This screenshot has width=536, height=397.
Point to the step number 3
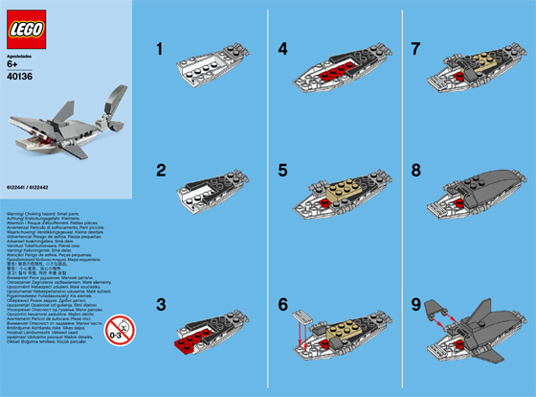(162, 304)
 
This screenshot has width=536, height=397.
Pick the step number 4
(282, 46)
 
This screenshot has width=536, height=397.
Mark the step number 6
(282, 304)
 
